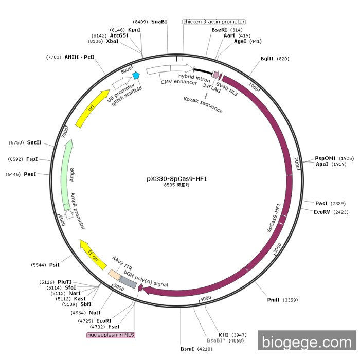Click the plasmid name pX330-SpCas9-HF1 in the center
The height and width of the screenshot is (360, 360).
coord(176,178)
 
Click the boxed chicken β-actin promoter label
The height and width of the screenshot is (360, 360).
coord(214,22)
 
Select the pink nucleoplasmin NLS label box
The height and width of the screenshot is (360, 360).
coord(111,335)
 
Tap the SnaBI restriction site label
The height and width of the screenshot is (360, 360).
coord(159,22)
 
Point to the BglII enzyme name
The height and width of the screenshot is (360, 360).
coord(267,59)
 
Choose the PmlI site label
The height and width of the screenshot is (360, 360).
coord(274,300)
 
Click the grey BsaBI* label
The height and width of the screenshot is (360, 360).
coord(217,340)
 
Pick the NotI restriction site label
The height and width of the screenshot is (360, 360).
coord(94,312)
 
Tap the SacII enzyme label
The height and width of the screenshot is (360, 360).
coord(34,142)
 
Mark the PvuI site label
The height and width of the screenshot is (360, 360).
coord(30,174)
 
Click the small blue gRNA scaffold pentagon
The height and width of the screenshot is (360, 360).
coord(136,75)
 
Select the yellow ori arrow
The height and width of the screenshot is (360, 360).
coord(92,107)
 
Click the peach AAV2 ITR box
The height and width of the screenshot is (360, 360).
coord(114,274)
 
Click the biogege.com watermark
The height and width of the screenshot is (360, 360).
coord(307,342)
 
